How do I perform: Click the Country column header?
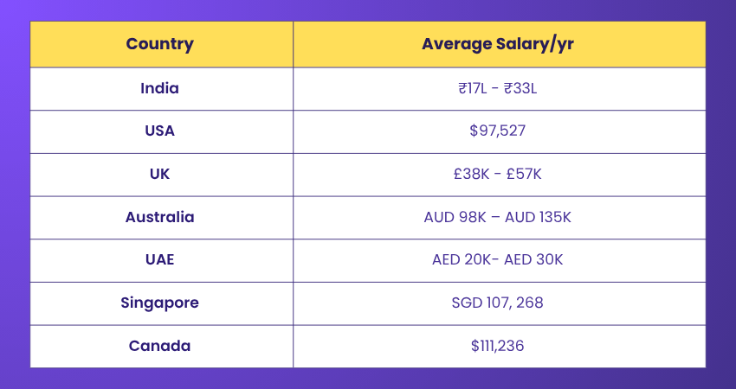[x=160, y=44]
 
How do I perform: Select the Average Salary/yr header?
[x=498, y=44]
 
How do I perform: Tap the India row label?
[x=160, y=88]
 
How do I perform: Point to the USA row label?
[x=160, y=131]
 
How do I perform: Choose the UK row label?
[x=160, y=174]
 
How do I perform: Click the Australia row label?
[x=160, y=217]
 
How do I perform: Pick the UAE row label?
[x=160, y=260]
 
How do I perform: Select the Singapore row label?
[x=160, y=303]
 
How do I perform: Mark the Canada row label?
[x=160, y=346]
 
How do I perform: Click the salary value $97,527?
[x=498, y=131]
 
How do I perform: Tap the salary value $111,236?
[x=498, y=346]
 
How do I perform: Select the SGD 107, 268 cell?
[x=498, y=303]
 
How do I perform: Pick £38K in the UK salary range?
[x=471, y=175]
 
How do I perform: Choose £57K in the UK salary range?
[x=525, y=175]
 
